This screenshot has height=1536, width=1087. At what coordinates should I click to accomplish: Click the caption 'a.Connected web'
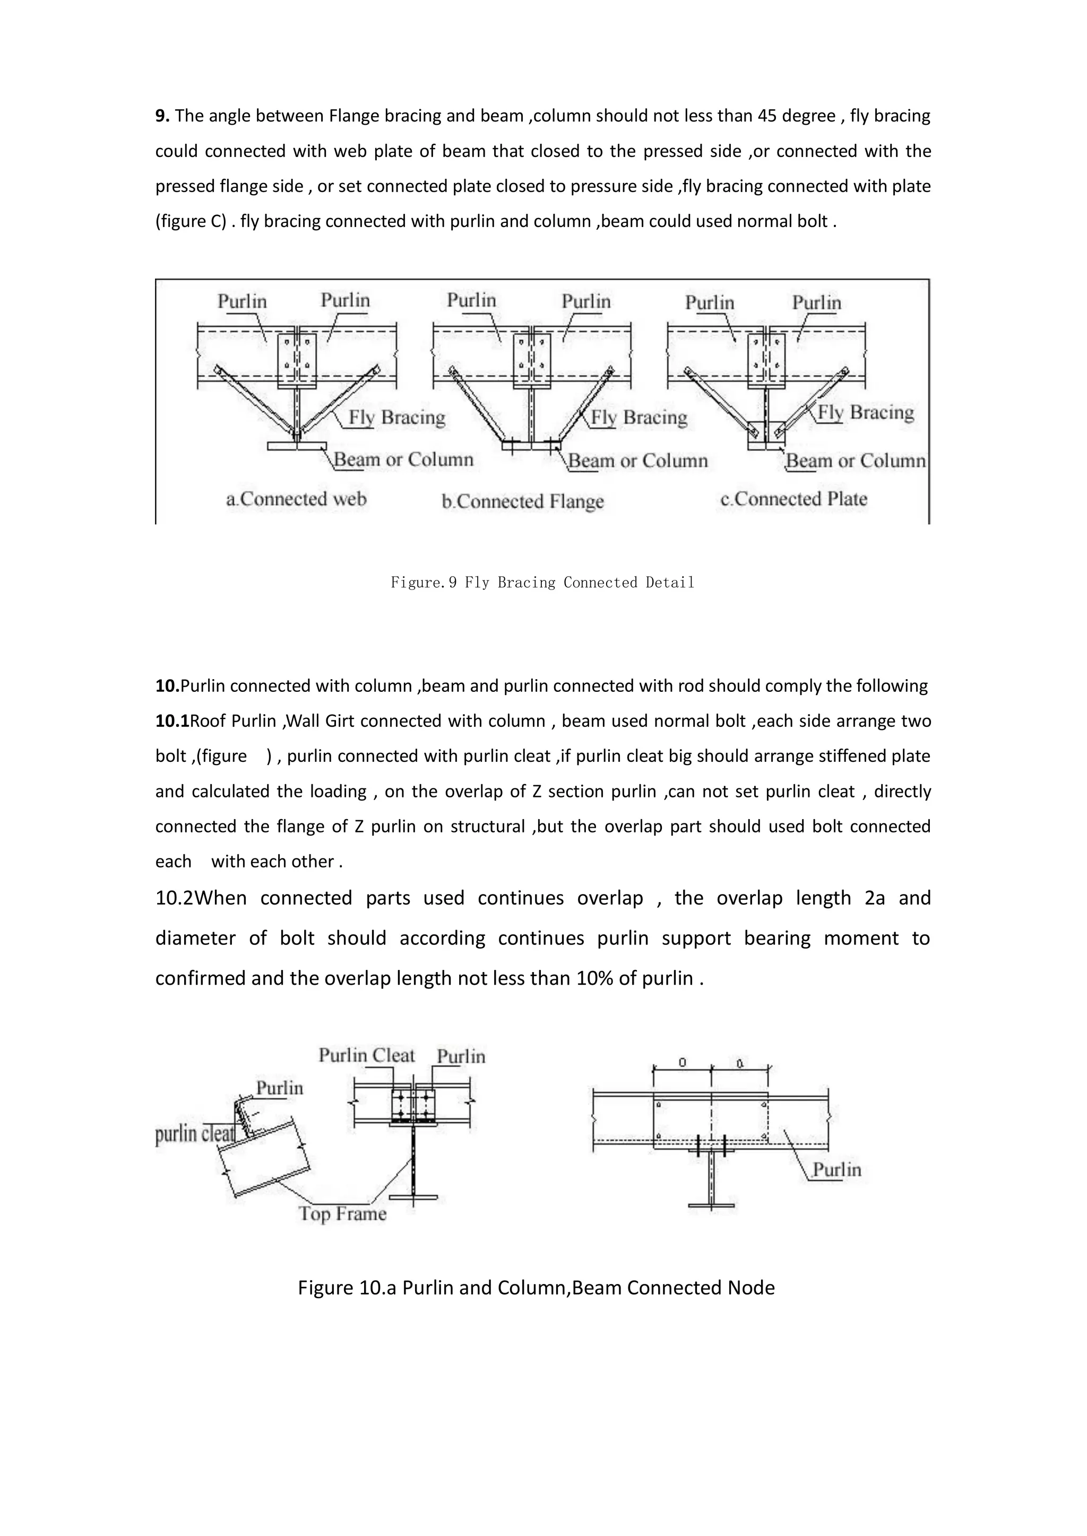(x=297, y=499)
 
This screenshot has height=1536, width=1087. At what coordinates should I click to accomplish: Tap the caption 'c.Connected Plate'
(x=794, y=499)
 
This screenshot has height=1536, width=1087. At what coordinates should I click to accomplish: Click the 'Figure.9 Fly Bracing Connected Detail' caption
(x=542, y=583)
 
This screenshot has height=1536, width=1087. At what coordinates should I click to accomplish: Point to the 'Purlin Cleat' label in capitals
(x=367, y=1056)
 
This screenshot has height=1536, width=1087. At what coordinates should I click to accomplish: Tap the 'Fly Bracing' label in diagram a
(x=396, y=418)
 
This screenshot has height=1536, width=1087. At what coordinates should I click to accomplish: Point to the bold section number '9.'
(x=162, y=116)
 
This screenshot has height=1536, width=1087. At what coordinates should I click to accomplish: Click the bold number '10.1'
(x=172, y=721)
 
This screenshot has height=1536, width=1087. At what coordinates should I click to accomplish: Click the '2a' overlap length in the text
(x=874, y=898)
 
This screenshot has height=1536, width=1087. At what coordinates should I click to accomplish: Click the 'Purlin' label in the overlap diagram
(x=836, y=1169)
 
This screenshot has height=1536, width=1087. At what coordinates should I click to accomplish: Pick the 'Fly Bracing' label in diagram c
(x=866, y=412)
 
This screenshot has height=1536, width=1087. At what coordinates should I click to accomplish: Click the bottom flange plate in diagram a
(x=297, y=446)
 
